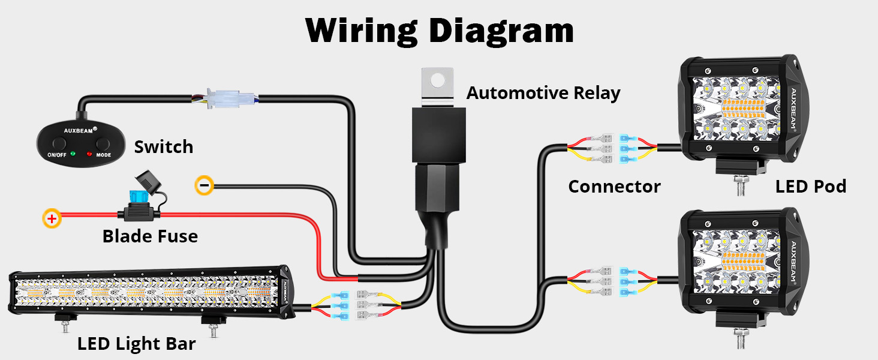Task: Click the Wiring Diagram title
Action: click(439, 30)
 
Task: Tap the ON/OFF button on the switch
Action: click(59, 144)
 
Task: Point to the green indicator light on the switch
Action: click(73, 154)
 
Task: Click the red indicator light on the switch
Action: click(89, 154)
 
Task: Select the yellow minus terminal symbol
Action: click(204, 185)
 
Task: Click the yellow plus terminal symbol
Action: click(52, 218)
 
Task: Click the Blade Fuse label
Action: click(150, 236)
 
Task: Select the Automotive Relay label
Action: click(543, 93)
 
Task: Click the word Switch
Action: click(163, 147)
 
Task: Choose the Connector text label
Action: click(614, 187)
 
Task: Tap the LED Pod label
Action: click(810, 187)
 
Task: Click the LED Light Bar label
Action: click(136, 344)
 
